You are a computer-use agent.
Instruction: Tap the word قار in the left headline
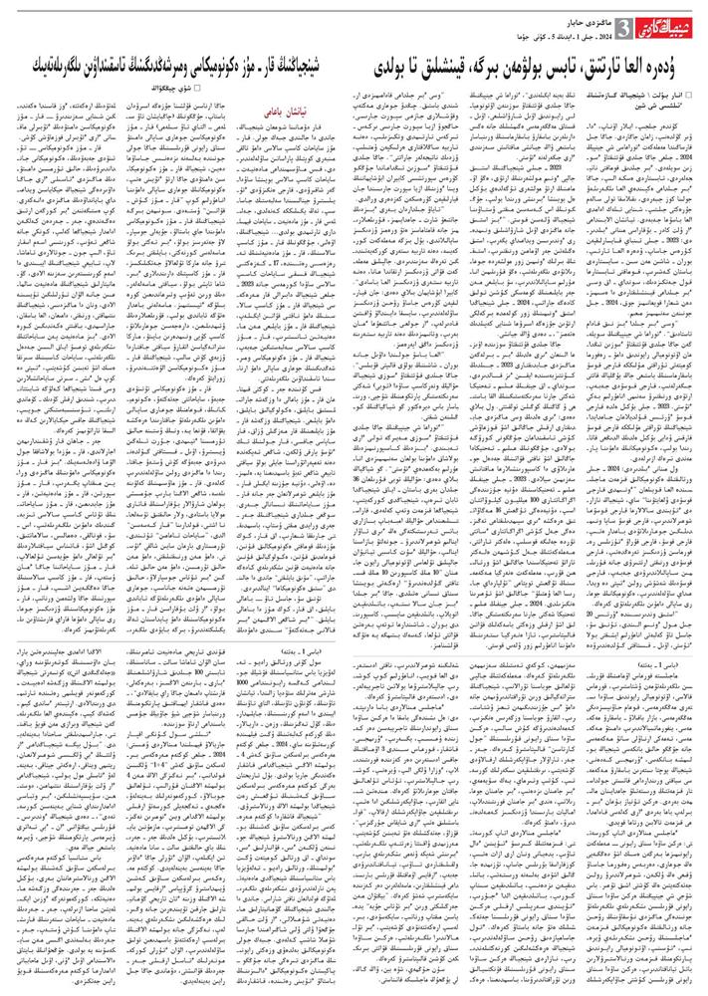pyautogui.click(x=266, y=69)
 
